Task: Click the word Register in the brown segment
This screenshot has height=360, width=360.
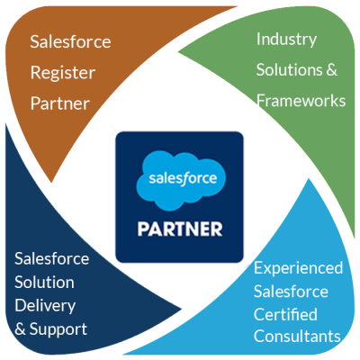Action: coord(63,73)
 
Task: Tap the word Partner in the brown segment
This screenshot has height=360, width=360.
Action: coord(60,103)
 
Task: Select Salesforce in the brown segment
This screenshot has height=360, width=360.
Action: coord(70,41)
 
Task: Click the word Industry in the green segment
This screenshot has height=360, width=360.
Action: coord(286,40)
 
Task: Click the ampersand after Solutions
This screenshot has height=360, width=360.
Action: coord(331,69)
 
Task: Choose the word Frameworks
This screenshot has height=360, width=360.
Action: coord(301,101)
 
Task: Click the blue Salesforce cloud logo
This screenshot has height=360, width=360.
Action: coord(181,180)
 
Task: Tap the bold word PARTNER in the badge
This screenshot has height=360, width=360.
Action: coord(180,229)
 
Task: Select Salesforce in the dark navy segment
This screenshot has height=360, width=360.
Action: coord(51,258)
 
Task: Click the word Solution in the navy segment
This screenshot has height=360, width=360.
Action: coord(44,283)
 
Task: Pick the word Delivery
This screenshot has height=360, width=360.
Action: coord(45,306)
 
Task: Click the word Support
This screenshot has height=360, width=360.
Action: coord(58,330)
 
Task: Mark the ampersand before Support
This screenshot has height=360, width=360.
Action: coord(20,329)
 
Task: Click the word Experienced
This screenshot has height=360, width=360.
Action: coord(298,268)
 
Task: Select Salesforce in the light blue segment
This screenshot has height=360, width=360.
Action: coord(291,292)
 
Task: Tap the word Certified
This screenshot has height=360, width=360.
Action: coord(285,314)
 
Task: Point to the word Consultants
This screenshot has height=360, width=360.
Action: coord(297,336)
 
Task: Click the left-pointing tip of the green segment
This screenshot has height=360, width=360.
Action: coord(178,52)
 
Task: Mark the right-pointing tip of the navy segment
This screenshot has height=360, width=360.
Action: coord(182,309)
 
